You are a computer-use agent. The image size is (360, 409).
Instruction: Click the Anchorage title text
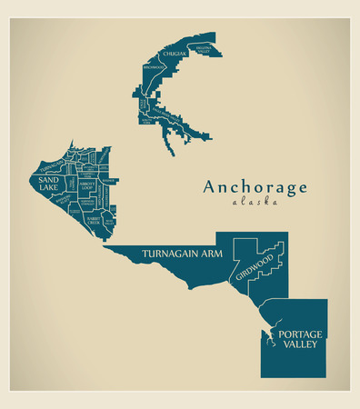tap(255, 187)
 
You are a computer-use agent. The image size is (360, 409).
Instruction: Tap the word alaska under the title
tap(255, 203)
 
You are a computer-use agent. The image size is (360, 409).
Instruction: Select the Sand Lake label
tap(48, 184)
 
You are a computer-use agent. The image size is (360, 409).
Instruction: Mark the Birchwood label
tap(153, 79)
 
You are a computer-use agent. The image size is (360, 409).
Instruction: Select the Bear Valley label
tap(108, 220)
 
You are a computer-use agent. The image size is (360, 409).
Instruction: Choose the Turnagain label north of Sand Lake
tap(52, 165)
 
